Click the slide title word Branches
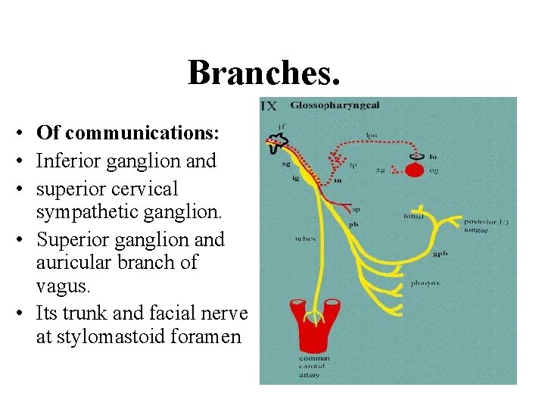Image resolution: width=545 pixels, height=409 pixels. (264, 73)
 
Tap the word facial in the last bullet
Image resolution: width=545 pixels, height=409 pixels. (176, 312)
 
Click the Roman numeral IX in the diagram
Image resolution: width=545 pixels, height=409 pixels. (269, 106)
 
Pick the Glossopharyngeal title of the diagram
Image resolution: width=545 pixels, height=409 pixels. (325, 107)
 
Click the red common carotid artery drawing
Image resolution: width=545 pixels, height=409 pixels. (314, 326)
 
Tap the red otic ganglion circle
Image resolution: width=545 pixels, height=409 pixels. (414, 169)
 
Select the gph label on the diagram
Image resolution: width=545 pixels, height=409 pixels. (440, 254)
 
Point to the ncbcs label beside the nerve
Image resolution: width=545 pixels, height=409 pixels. (306, 239)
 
